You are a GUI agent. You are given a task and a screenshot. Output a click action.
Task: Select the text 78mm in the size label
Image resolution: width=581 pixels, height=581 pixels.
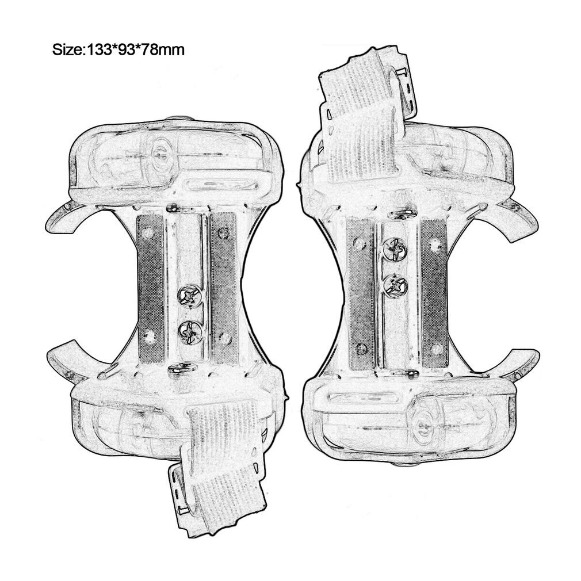[x=161, y=49]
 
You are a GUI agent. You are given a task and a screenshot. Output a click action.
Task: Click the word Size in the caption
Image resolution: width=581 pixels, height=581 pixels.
[x=67, y=49]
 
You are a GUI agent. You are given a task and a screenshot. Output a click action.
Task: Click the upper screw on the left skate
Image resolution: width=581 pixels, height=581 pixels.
[x=190, y=296]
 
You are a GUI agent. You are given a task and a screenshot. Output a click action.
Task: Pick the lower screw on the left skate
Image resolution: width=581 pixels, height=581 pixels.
[x=190, y=331]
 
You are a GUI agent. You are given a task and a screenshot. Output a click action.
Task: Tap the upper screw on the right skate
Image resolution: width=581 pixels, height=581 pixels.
[x=395, y=249]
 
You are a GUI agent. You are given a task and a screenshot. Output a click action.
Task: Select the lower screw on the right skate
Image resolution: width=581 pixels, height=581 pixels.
[x=395, y=286]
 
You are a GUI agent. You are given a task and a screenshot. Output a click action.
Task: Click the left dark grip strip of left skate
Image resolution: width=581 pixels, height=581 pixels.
[x=151, y=288]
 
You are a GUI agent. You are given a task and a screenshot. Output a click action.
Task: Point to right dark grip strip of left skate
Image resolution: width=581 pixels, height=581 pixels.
[x=223, y=288]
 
